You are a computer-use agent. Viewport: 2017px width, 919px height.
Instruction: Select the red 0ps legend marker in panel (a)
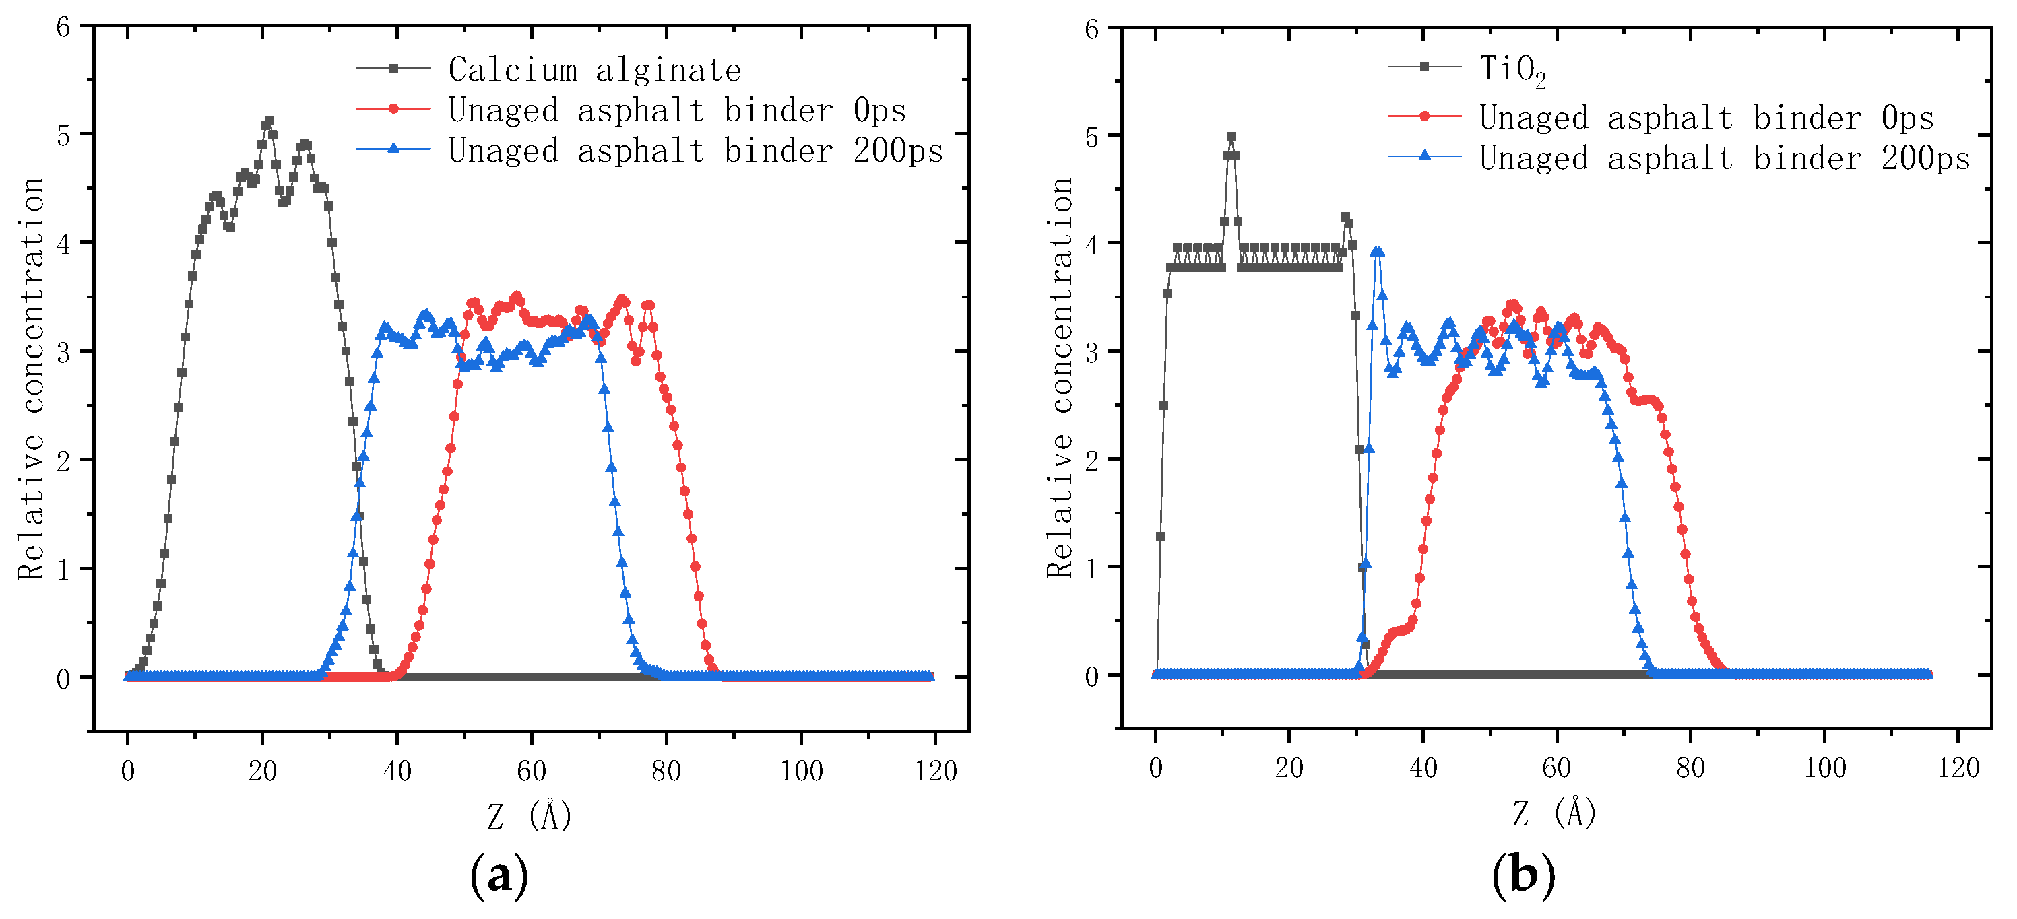(x=393, y=110)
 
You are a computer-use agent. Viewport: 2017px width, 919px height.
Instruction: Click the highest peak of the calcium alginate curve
(x=269, y=122)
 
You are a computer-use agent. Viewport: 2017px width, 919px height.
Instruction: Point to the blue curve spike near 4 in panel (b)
(x=1377, y=252)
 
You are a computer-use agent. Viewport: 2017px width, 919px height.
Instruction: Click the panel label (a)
(x=499, y=875)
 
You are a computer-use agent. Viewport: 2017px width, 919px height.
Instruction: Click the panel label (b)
(x=1523, y=874)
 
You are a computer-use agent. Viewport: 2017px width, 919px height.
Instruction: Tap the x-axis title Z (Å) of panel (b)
(x=1554, y=813)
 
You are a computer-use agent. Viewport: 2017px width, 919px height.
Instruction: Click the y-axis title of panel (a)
(x=31, y=378)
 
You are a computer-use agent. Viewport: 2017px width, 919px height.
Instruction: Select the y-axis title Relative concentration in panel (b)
(x=1060, y=378)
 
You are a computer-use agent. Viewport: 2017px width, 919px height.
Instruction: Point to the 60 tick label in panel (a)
(x=531, y=771)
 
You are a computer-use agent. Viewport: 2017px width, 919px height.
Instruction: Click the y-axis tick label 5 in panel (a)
(x=63, y=135)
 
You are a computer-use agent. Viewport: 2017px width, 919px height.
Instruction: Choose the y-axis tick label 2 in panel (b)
(x=1091, y=461)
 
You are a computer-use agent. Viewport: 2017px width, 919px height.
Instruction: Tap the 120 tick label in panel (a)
(x=936, y=771)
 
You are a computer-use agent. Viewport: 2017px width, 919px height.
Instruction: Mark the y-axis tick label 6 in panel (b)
(x=1091, y=30)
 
